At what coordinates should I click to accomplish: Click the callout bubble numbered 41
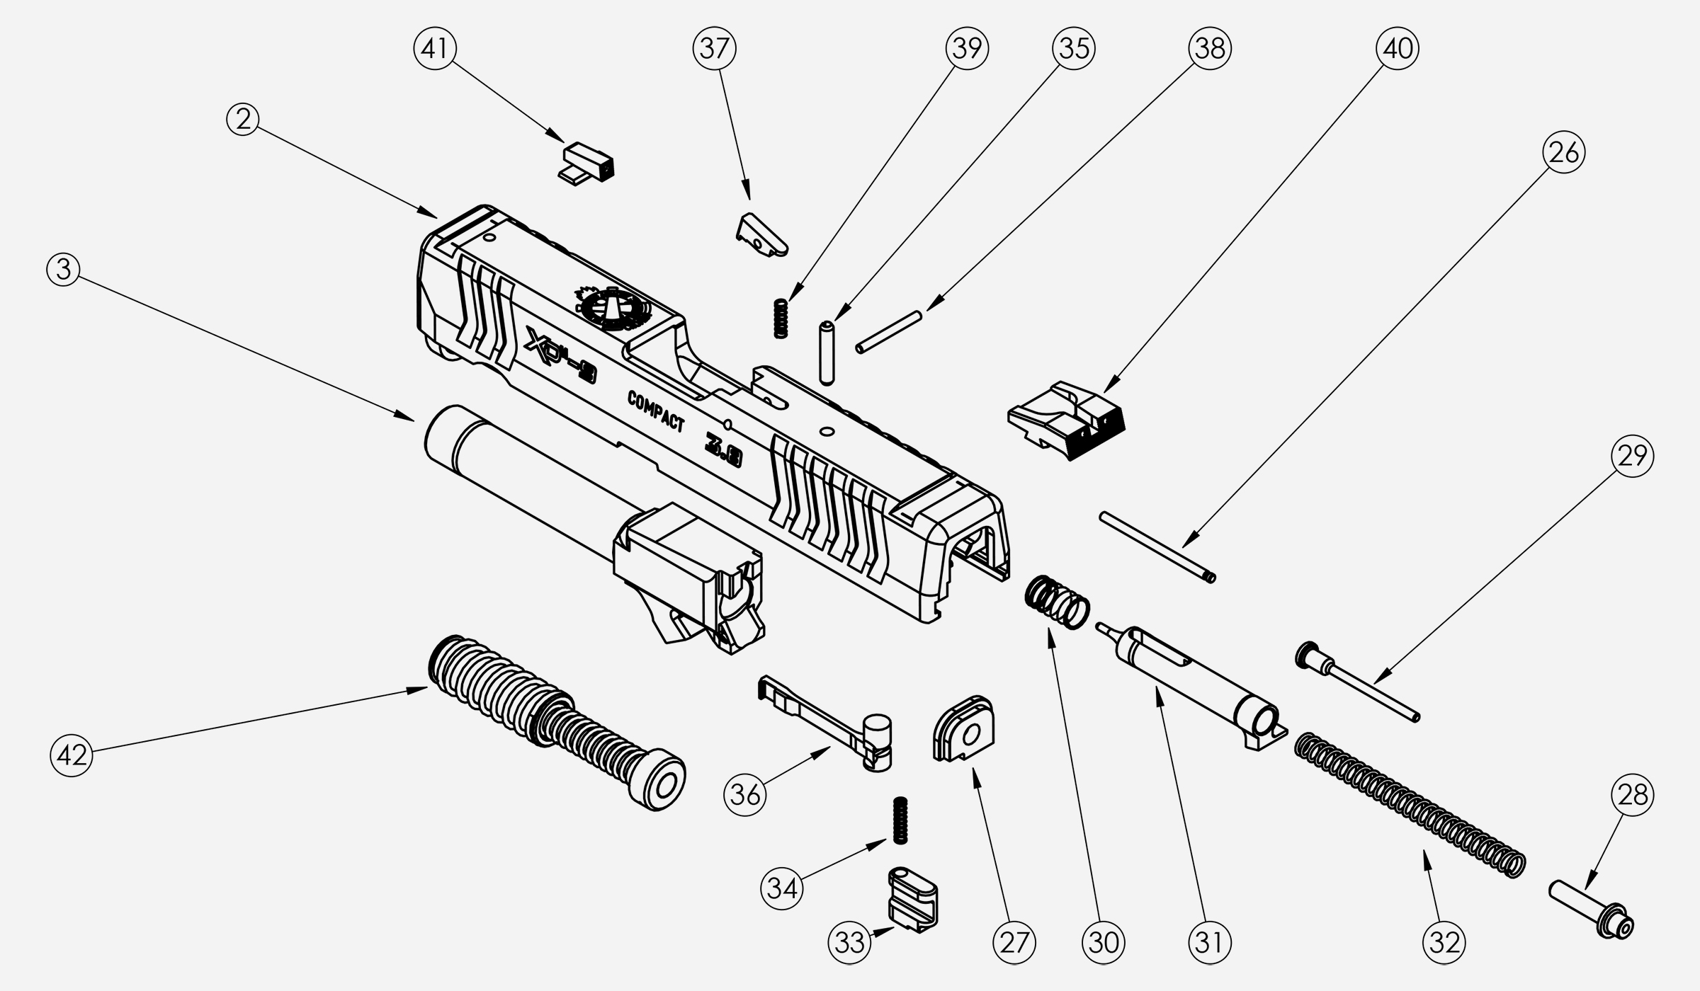pyautogui.click(x=434, y=48)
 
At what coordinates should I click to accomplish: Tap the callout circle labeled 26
pyautogui.click(x=1563, y=152)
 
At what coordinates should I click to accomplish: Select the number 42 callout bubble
pyautogui.click(x=72, y=755)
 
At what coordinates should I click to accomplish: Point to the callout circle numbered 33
pyautogui.click(x=850, y=942)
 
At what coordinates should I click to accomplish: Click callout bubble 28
pyautogui.click(x=1633, y=795)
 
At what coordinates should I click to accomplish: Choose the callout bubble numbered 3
pyautogui.click(x=64, y=270)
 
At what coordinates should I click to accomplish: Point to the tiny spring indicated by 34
pyautogui.click(x=900, y=820)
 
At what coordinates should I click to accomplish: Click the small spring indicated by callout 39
pyautogui.click(x=780, y=318)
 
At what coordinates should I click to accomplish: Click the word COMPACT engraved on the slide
pyautogui.click(x=656, y=411)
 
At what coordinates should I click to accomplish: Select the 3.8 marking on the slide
pyautogui.click(x=722, y=452)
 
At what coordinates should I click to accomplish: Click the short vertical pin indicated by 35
pyautogui.click(x=826, y=353)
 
